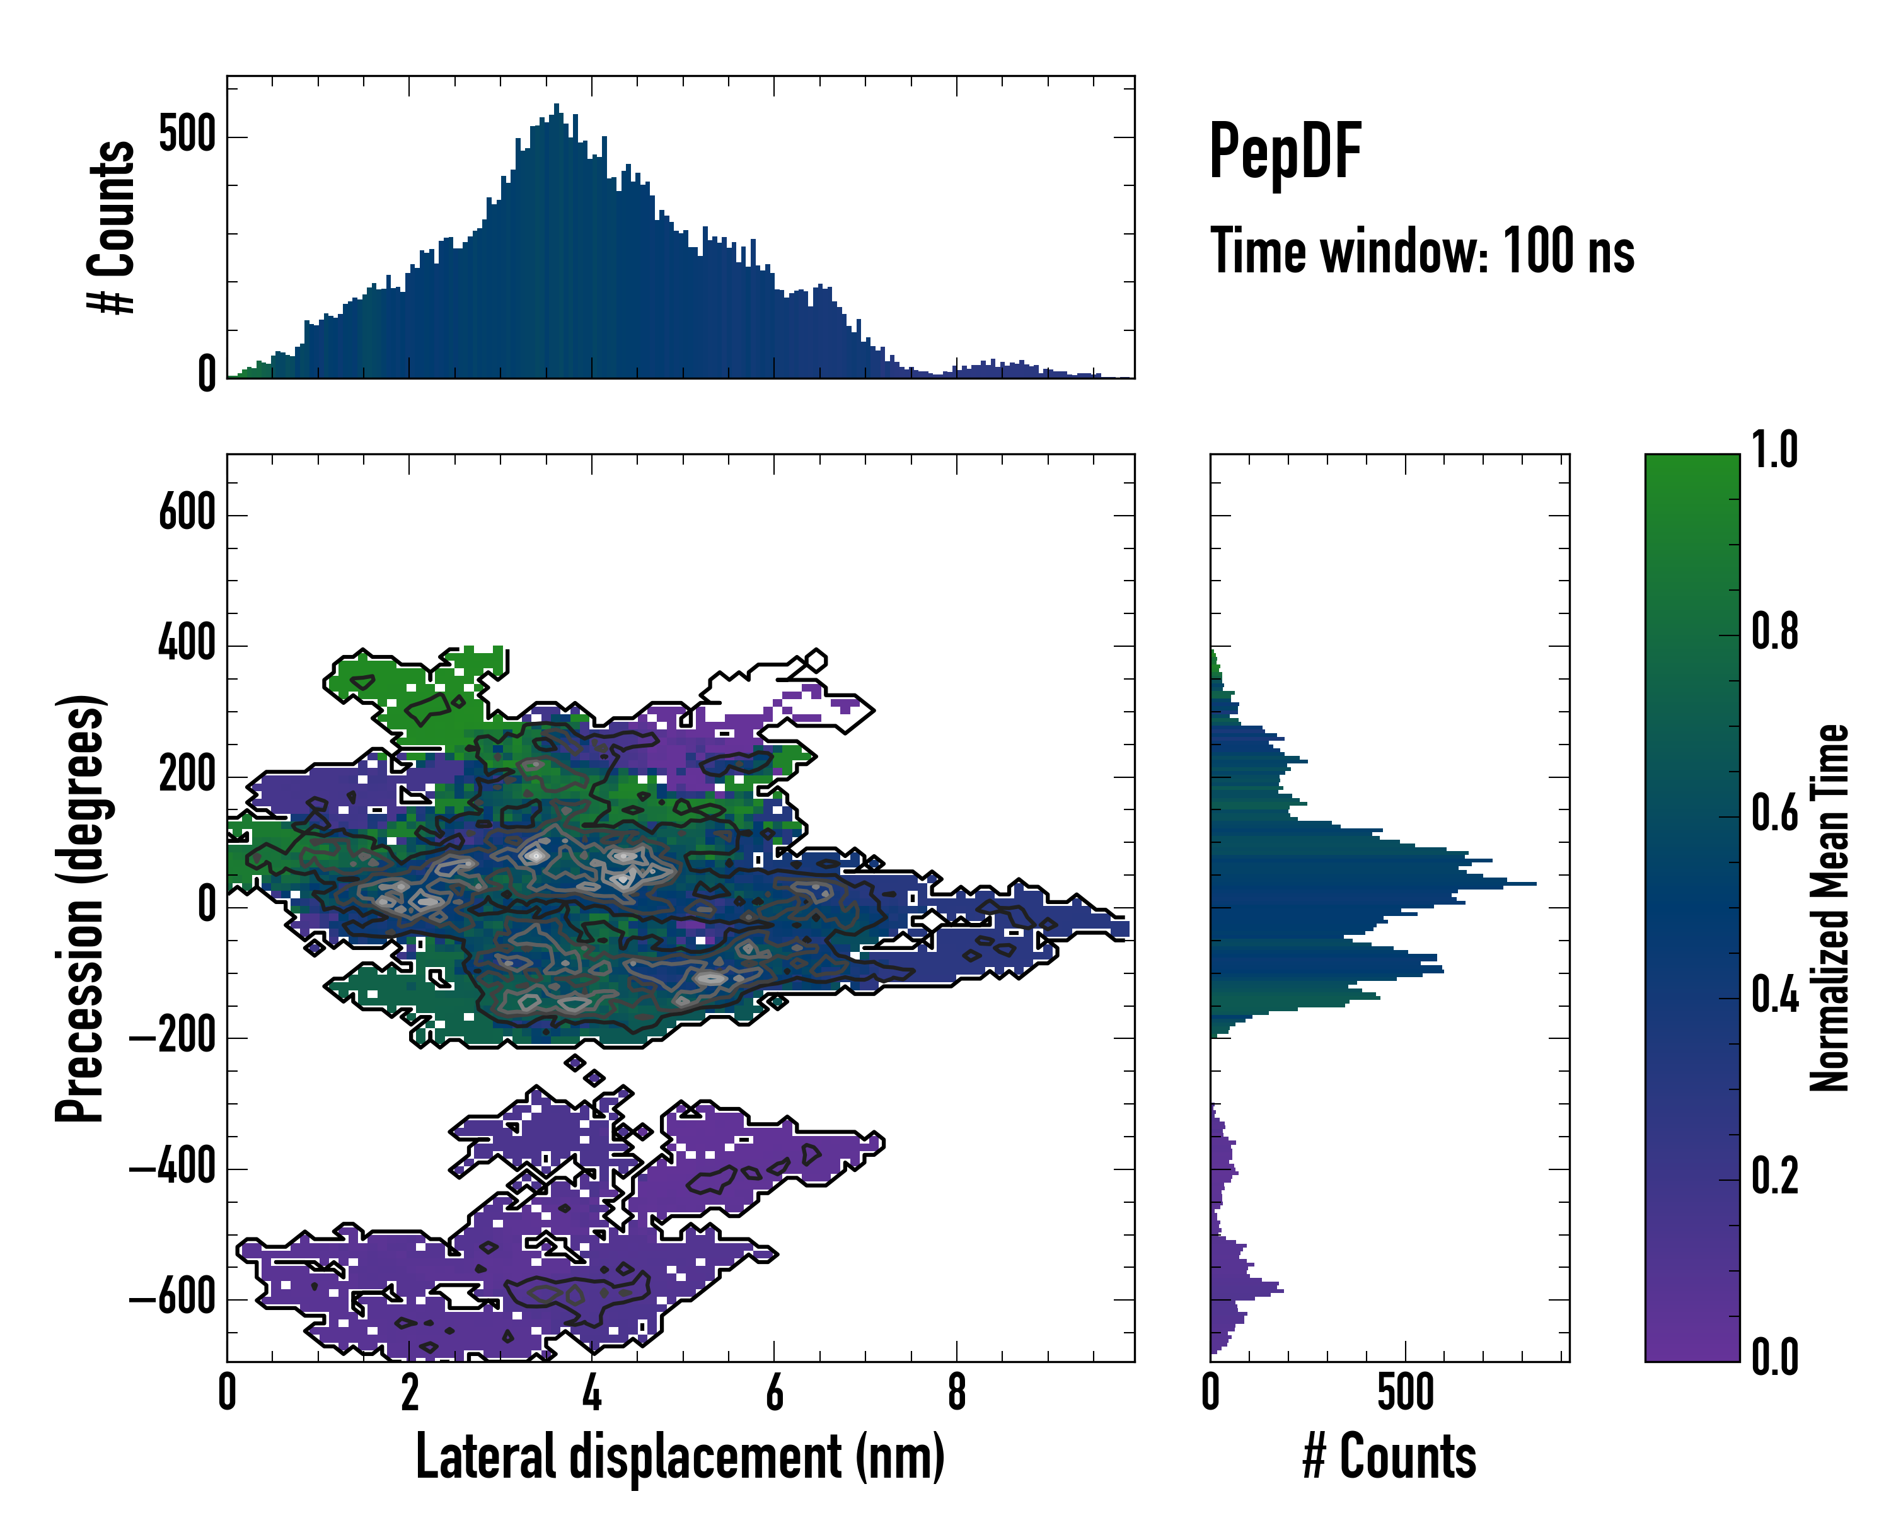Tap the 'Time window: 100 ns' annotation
(x=1422, y=252)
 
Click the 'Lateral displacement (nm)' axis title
(x=679, y=1457)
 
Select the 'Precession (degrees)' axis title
(x=81, y=908)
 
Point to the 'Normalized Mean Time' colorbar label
(x=1830, y=908)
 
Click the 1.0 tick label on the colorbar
(x=1774, y=450)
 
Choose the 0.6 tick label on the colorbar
(x=1774, y=814)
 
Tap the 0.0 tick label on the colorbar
(x=1774, y=1357)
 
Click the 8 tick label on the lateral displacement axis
(x=957, y=1393)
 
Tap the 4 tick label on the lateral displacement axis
(x=592, y=1393)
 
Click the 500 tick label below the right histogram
(x=1405, y=1393)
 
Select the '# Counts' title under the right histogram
(x=1389, y=1457)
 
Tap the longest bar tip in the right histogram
(x=1534, y=883)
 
